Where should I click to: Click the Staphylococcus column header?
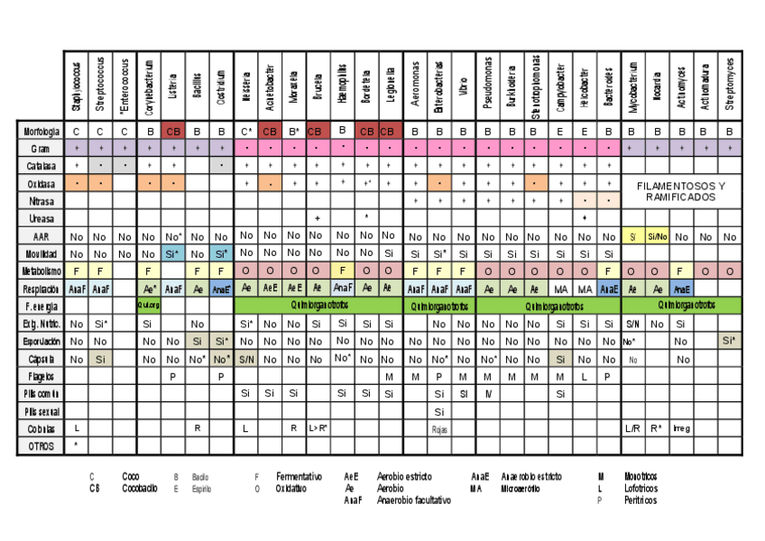77,86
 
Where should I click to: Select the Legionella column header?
389,86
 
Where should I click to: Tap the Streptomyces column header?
729,86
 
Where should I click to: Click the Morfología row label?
40,132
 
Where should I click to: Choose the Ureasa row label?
41,218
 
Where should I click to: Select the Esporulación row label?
40,342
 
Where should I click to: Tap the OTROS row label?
41,445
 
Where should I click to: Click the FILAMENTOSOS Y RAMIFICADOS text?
681,191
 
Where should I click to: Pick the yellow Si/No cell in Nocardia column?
657,236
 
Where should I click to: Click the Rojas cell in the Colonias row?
439,429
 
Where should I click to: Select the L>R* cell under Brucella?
318,428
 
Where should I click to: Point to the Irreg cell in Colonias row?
681,428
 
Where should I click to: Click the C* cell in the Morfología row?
246,132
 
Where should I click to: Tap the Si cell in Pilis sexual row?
439,411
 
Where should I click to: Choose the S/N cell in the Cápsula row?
246,359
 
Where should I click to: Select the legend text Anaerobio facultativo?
414,500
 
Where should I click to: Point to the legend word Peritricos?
641,500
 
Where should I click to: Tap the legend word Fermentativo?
300,476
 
